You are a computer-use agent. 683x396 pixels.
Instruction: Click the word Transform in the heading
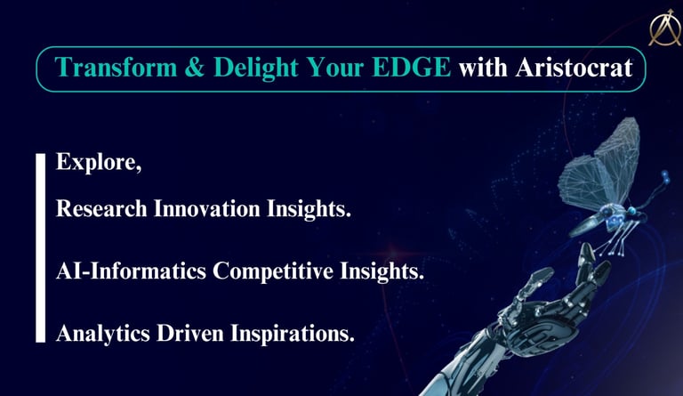tap(116, 68)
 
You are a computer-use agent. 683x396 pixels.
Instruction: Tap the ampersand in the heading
tap(195, 68)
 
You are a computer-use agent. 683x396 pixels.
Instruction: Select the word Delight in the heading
tap(256, 69)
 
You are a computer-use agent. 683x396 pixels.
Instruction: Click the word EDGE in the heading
tap(412, 68)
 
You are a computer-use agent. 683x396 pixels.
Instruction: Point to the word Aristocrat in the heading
tap(575, 68)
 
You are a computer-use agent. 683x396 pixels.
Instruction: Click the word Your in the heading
tap(335, 68)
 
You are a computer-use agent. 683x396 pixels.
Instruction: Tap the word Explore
tap(99, 163)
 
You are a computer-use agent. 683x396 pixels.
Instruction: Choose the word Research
tap(101, 208)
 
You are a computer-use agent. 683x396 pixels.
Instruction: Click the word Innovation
tap(207, 208)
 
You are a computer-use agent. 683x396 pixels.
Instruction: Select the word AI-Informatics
tap(131, 271)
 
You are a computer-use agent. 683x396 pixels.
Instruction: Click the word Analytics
tap(103, 334)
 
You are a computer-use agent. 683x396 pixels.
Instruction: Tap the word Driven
tap(190, 334)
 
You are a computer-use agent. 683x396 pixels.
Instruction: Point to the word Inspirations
tap(293, 334)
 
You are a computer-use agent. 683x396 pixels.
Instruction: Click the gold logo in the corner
tap(665, 28)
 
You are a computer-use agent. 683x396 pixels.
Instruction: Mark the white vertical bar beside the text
tap(41, 248)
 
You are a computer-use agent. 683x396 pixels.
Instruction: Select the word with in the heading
tap(483, 68)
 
